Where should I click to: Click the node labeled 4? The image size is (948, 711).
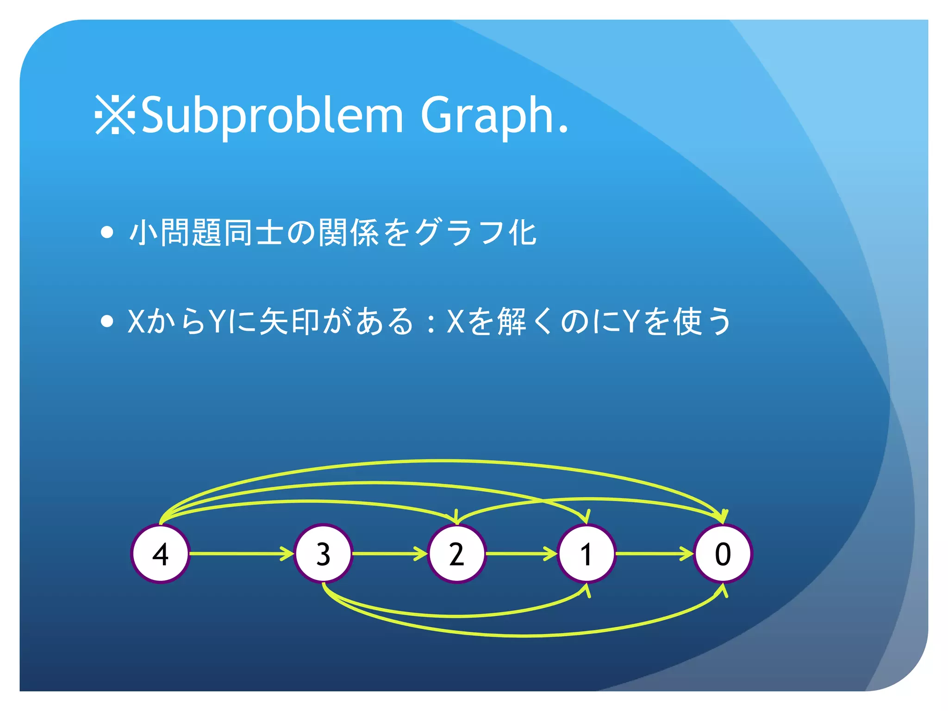tap(160, 554)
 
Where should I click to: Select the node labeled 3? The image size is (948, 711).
tap(323, 554)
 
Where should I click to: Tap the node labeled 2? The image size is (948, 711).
tap(456, 554)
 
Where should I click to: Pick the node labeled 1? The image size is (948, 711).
tap(586, 554)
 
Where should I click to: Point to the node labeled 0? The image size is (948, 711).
tap(723, 554)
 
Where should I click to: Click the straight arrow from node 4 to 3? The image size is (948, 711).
tap(241, 554)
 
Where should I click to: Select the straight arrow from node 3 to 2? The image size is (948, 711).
tap(389, 554)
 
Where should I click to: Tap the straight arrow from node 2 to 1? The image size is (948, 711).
tap(521, 554)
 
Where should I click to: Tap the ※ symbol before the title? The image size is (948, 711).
tap(115, 115)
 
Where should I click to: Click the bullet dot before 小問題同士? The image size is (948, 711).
tap(107, 232)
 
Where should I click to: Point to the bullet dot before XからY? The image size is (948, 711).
tap(107, 321)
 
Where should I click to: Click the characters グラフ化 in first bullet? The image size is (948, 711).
tap(474, 232)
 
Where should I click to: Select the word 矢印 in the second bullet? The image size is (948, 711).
tap(289, 321)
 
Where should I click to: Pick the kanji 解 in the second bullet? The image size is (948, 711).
tap(511, 321)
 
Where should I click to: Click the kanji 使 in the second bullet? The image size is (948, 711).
tap(688, 321)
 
